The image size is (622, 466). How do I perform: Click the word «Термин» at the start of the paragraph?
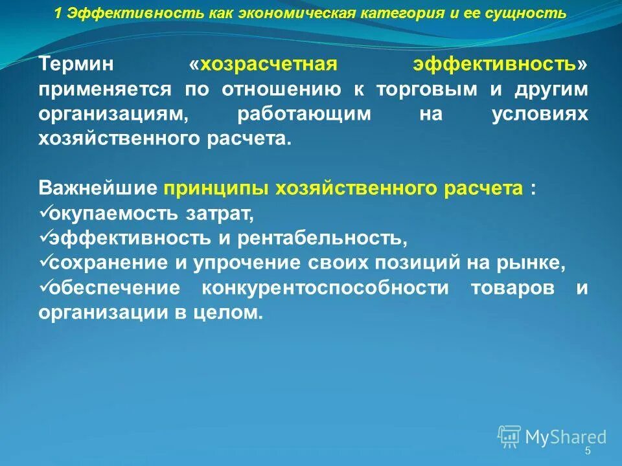tap(76, 65)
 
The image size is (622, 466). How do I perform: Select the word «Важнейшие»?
tap(98, 188)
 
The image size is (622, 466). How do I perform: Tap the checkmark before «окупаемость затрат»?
tap(44, 212)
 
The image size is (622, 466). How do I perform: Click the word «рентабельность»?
tap(321, 238)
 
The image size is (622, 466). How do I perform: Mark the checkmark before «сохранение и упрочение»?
tap(44, 261)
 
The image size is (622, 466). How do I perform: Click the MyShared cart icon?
tap(509, 436)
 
